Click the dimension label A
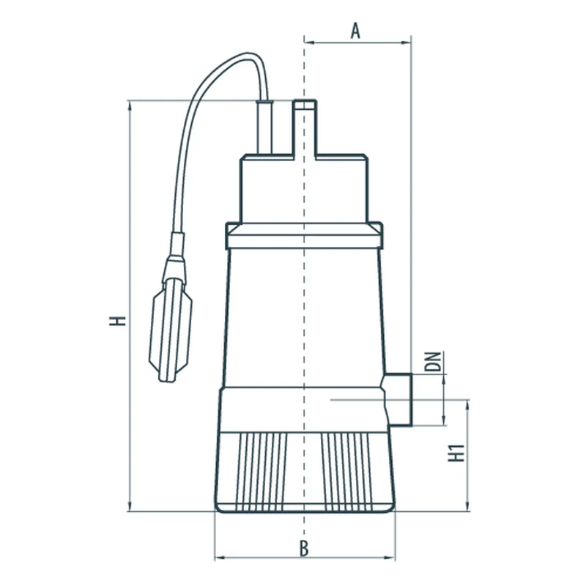355,31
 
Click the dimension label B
304,549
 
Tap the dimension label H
118,321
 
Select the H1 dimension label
456,453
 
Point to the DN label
433,361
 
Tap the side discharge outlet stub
397,399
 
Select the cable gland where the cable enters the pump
264,127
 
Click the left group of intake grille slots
262,472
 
